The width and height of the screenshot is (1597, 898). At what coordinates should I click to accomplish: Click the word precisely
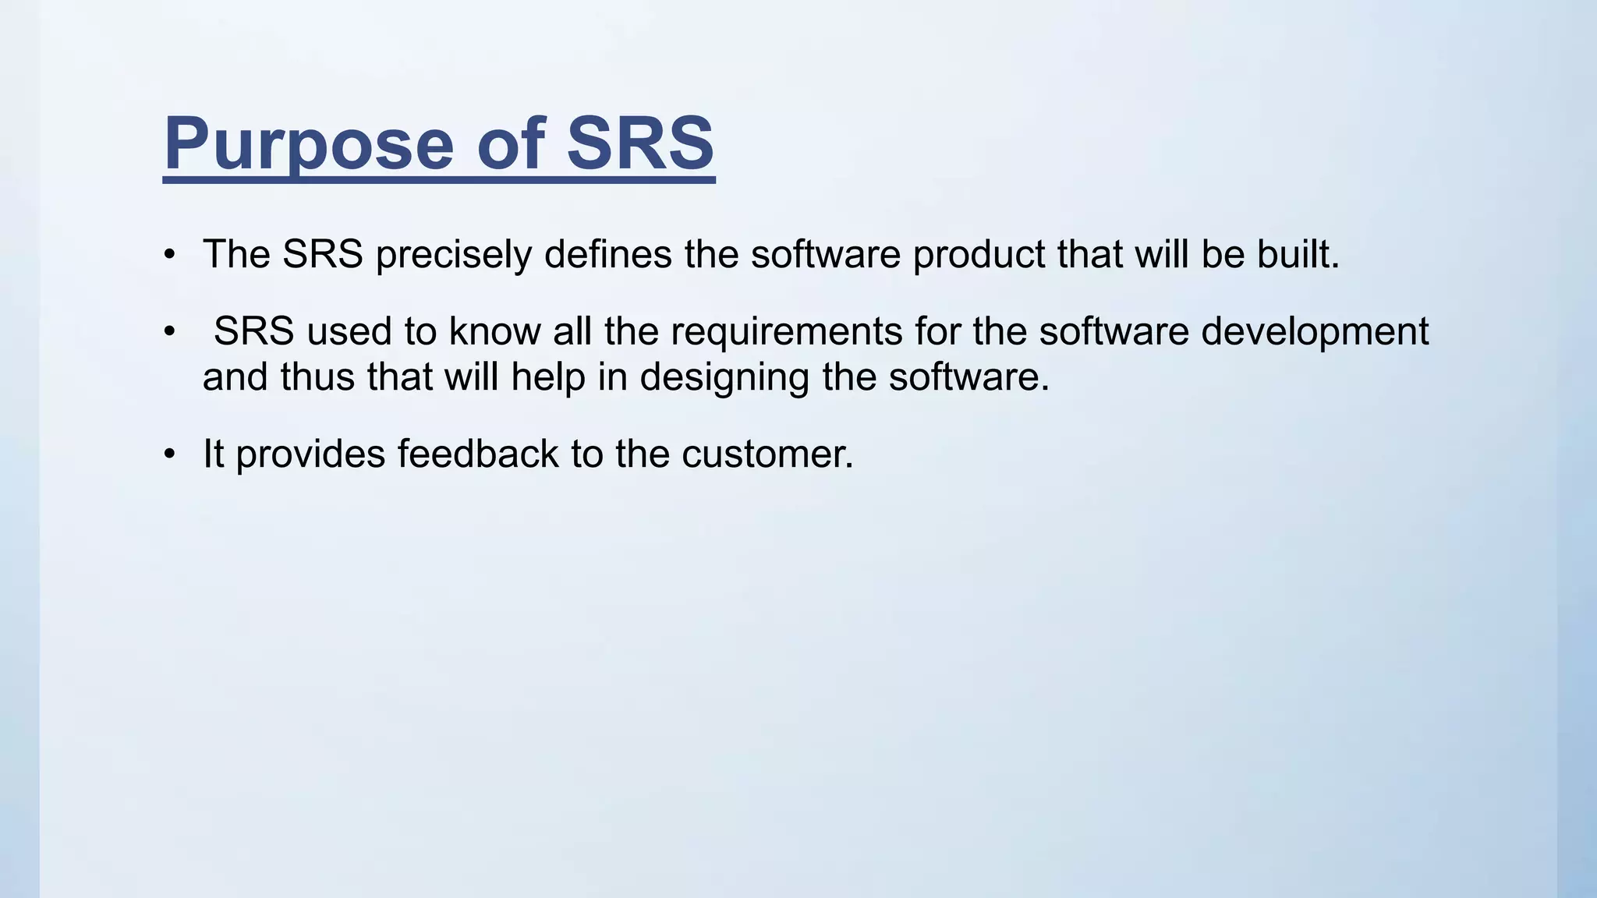point(453,255)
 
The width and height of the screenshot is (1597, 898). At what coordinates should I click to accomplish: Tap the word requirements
point(786,332)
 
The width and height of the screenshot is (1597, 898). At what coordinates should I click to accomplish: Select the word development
point(1315,332)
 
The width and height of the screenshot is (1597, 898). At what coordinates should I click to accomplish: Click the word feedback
point(477,454)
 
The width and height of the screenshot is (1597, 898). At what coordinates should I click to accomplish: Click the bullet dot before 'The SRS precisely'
point(170,255)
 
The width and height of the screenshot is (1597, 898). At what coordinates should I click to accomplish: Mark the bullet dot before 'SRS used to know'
point(170,331)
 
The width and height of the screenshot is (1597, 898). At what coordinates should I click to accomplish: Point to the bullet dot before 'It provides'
point(170,454)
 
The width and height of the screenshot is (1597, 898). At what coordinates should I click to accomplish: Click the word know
point(494,331)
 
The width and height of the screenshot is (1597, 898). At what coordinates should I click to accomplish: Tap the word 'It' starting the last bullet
point(213,454)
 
